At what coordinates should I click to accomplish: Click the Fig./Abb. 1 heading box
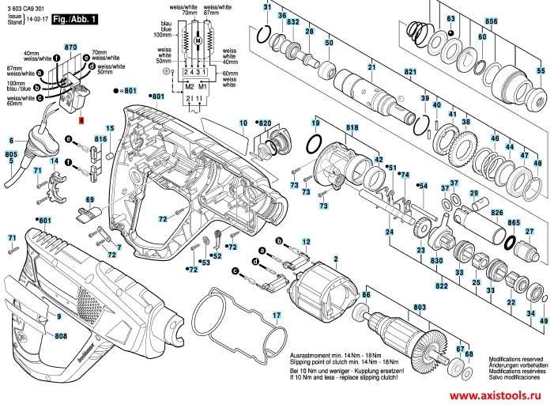75,17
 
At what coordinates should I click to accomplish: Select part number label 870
70,47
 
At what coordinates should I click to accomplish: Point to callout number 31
267,6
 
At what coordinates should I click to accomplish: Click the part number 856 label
491,21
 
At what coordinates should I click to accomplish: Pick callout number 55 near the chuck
541,71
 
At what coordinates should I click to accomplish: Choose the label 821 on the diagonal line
410,72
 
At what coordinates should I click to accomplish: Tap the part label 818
352,127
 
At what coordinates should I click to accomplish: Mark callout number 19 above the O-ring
315,125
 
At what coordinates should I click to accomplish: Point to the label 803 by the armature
419,307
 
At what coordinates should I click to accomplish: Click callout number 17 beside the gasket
277,316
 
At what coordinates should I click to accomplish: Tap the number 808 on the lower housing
61,336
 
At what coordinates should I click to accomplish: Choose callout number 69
89,199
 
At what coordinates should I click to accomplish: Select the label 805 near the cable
11,153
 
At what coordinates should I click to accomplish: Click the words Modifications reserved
516,358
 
